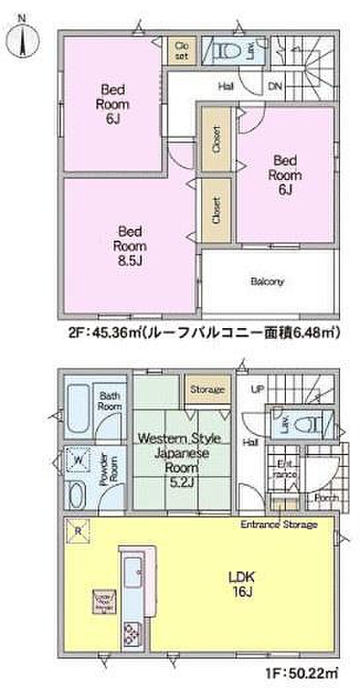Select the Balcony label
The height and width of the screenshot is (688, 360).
coord(267,281)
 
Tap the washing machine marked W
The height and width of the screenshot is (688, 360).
coord(78,459)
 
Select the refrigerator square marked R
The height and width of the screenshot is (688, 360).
coord(78,531)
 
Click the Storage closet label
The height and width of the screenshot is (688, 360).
coord(207,390)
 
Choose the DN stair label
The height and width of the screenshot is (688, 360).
coord(275,86)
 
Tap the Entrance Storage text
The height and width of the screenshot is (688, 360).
coord(278,525)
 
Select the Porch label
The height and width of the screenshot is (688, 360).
coord(326,497)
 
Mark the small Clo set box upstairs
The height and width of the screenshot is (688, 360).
coord(181,50)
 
